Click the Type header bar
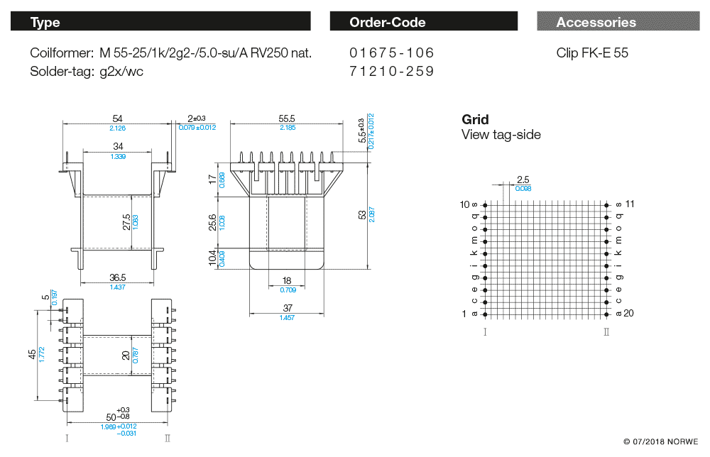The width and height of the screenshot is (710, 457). pos(160,22)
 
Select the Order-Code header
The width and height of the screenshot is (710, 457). pos(424,22)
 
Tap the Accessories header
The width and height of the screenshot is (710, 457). pos(617,22)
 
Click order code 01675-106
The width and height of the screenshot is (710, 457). pos(391,53)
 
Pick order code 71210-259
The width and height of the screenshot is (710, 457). pos(391,72)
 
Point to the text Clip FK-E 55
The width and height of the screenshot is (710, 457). pos(592,53)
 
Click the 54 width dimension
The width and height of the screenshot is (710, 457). pos(118,119)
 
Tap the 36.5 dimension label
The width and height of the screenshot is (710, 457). pos(118,277)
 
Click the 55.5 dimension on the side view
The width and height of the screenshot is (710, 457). pos(287,119)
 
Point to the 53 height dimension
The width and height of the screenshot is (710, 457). pos(363,214)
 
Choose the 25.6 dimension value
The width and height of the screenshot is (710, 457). pos(212,221)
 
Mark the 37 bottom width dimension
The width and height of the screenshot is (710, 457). pos(287,308)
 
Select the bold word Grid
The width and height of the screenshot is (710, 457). pos(475,119)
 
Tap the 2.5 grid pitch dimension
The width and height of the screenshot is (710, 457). pos(523,179)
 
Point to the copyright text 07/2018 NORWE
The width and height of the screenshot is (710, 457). pos(661,441)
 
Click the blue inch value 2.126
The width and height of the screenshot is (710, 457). pos(118,128)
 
